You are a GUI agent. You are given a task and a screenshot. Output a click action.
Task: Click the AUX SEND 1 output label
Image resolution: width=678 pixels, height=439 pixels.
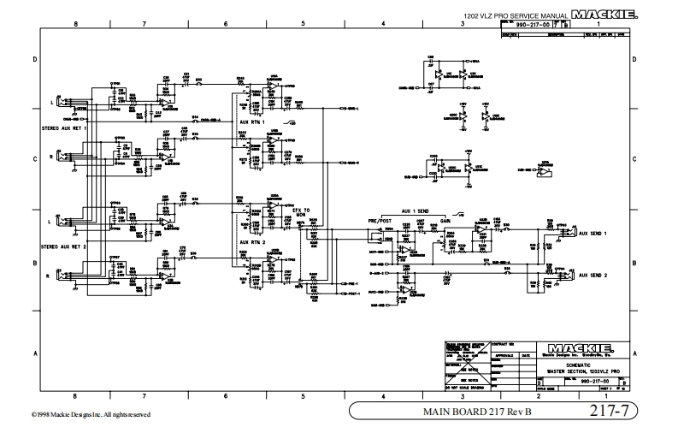(593, 233)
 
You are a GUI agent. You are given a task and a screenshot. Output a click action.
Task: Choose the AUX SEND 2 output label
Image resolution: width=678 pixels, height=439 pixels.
(593, 276)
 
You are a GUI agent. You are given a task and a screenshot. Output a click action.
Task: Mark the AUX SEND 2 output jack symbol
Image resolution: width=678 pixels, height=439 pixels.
(563, 275)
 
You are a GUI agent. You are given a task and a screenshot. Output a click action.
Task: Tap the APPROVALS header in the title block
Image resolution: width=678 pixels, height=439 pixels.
(504, 353)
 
